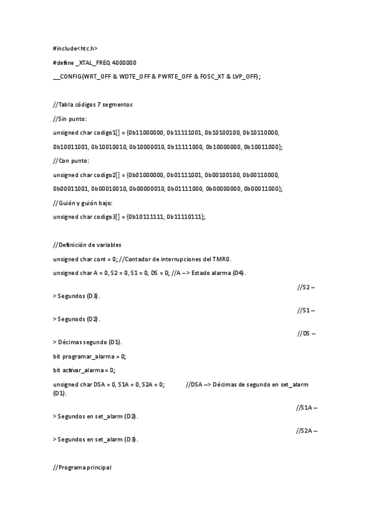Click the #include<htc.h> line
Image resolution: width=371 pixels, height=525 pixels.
pyautogui.click(x=75, y=48)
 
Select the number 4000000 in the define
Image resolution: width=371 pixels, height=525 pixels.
pyautogui.click(x=124, y=62)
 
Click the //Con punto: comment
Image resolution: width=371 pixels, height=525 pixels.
pyautogui.click(x=71, y=160)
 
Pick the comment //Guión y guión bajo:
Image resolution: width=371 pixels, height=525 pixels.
pyautogui.click(x=83, y=202)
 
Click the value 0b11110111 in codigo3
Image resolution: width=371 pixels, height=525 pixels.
pyautogui.click(x=185, y=217)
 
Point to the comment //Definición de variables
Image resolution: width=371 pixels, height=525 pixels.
pyautogui.click(x=87, y=245)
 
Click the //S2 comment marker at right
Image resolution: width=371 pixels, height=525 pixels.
pyautogui.click(x=307, y=287)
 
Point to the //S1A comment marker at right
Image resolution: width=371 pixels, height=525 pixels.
pyautogui.click(x=308, y=407)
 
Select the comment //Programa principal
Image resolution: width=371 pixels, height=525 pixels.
pyautogui.click(x=82, y=467)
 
